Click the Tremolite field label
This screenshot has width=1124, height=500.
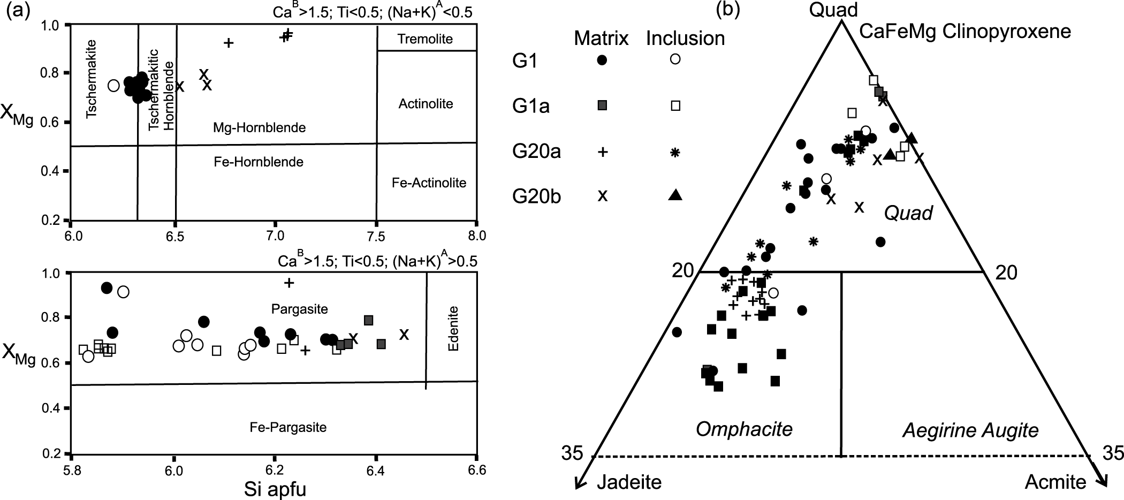tap(425, 39)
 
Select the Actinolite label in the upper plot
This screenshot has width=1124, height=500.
tap(426, 104)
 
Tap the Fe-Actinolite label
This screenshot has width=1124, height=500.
tap(429, 183)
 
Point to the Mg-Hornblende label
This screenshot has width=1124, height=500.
tap(259, 128)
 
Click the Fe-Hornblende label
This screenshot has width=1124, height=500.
tap(259, 162)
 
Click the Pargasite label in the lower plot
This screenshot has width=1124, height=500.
tap(299, 309)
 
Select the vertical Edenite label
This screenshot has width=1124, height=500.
tap(453, 328)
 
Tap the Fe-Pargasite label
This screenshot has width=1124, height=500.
tap(288, 427)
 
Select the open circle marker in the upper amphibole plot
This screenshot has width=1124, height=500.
tap(113, 85)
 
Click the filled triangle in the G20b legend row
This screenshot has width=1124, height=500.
tap(675, 195)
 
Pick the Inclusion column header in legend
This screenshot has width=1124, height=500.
tap(685, 39)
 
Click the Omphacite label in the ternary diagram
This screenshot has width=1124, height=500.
tap(744, 429)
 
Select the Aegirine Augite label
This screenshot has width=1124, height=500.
tap(970, 430)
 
